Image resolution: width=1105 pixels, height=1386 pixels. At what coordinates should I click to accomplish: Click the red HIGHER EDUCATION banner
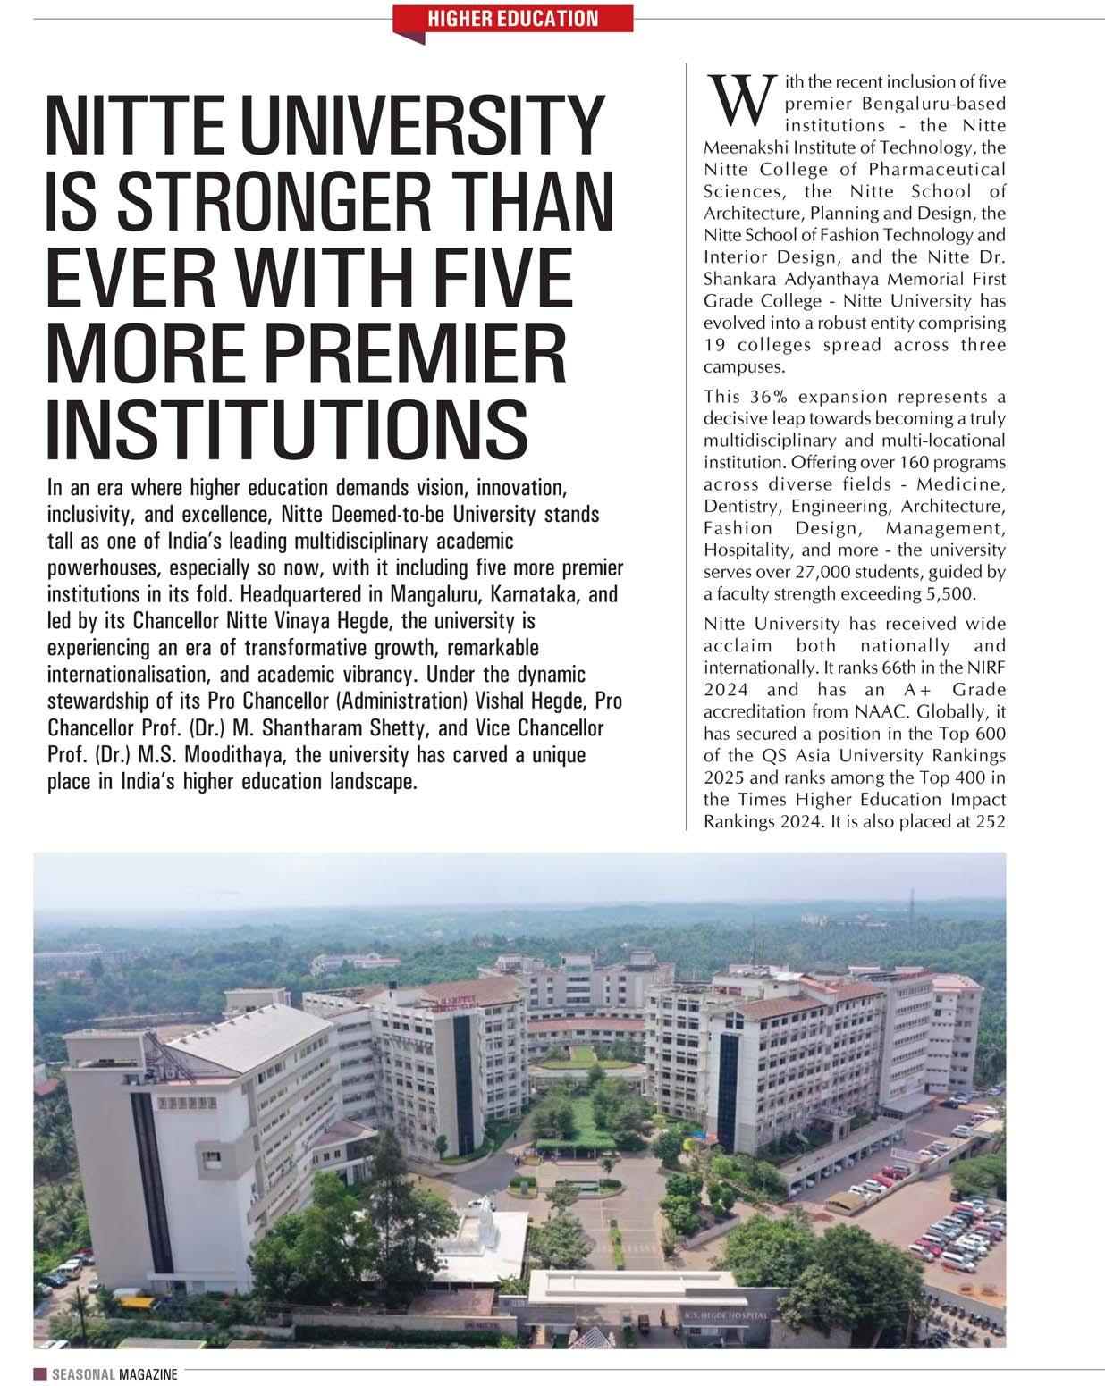click(513, 18)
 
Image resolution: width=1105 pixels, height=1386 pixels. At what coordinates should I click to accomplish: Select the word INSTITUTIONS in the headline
click(286, 426)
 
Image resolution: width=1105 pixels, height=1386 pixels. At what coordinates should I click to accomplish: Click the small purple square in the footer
click(40, 1374)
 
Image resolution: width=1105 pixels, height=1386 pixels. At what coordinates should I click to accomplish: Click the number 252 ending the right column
click(990, 821)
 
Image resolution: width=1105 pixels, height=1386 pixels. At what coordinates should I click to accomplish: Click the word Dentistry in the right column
click(741, 507)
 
